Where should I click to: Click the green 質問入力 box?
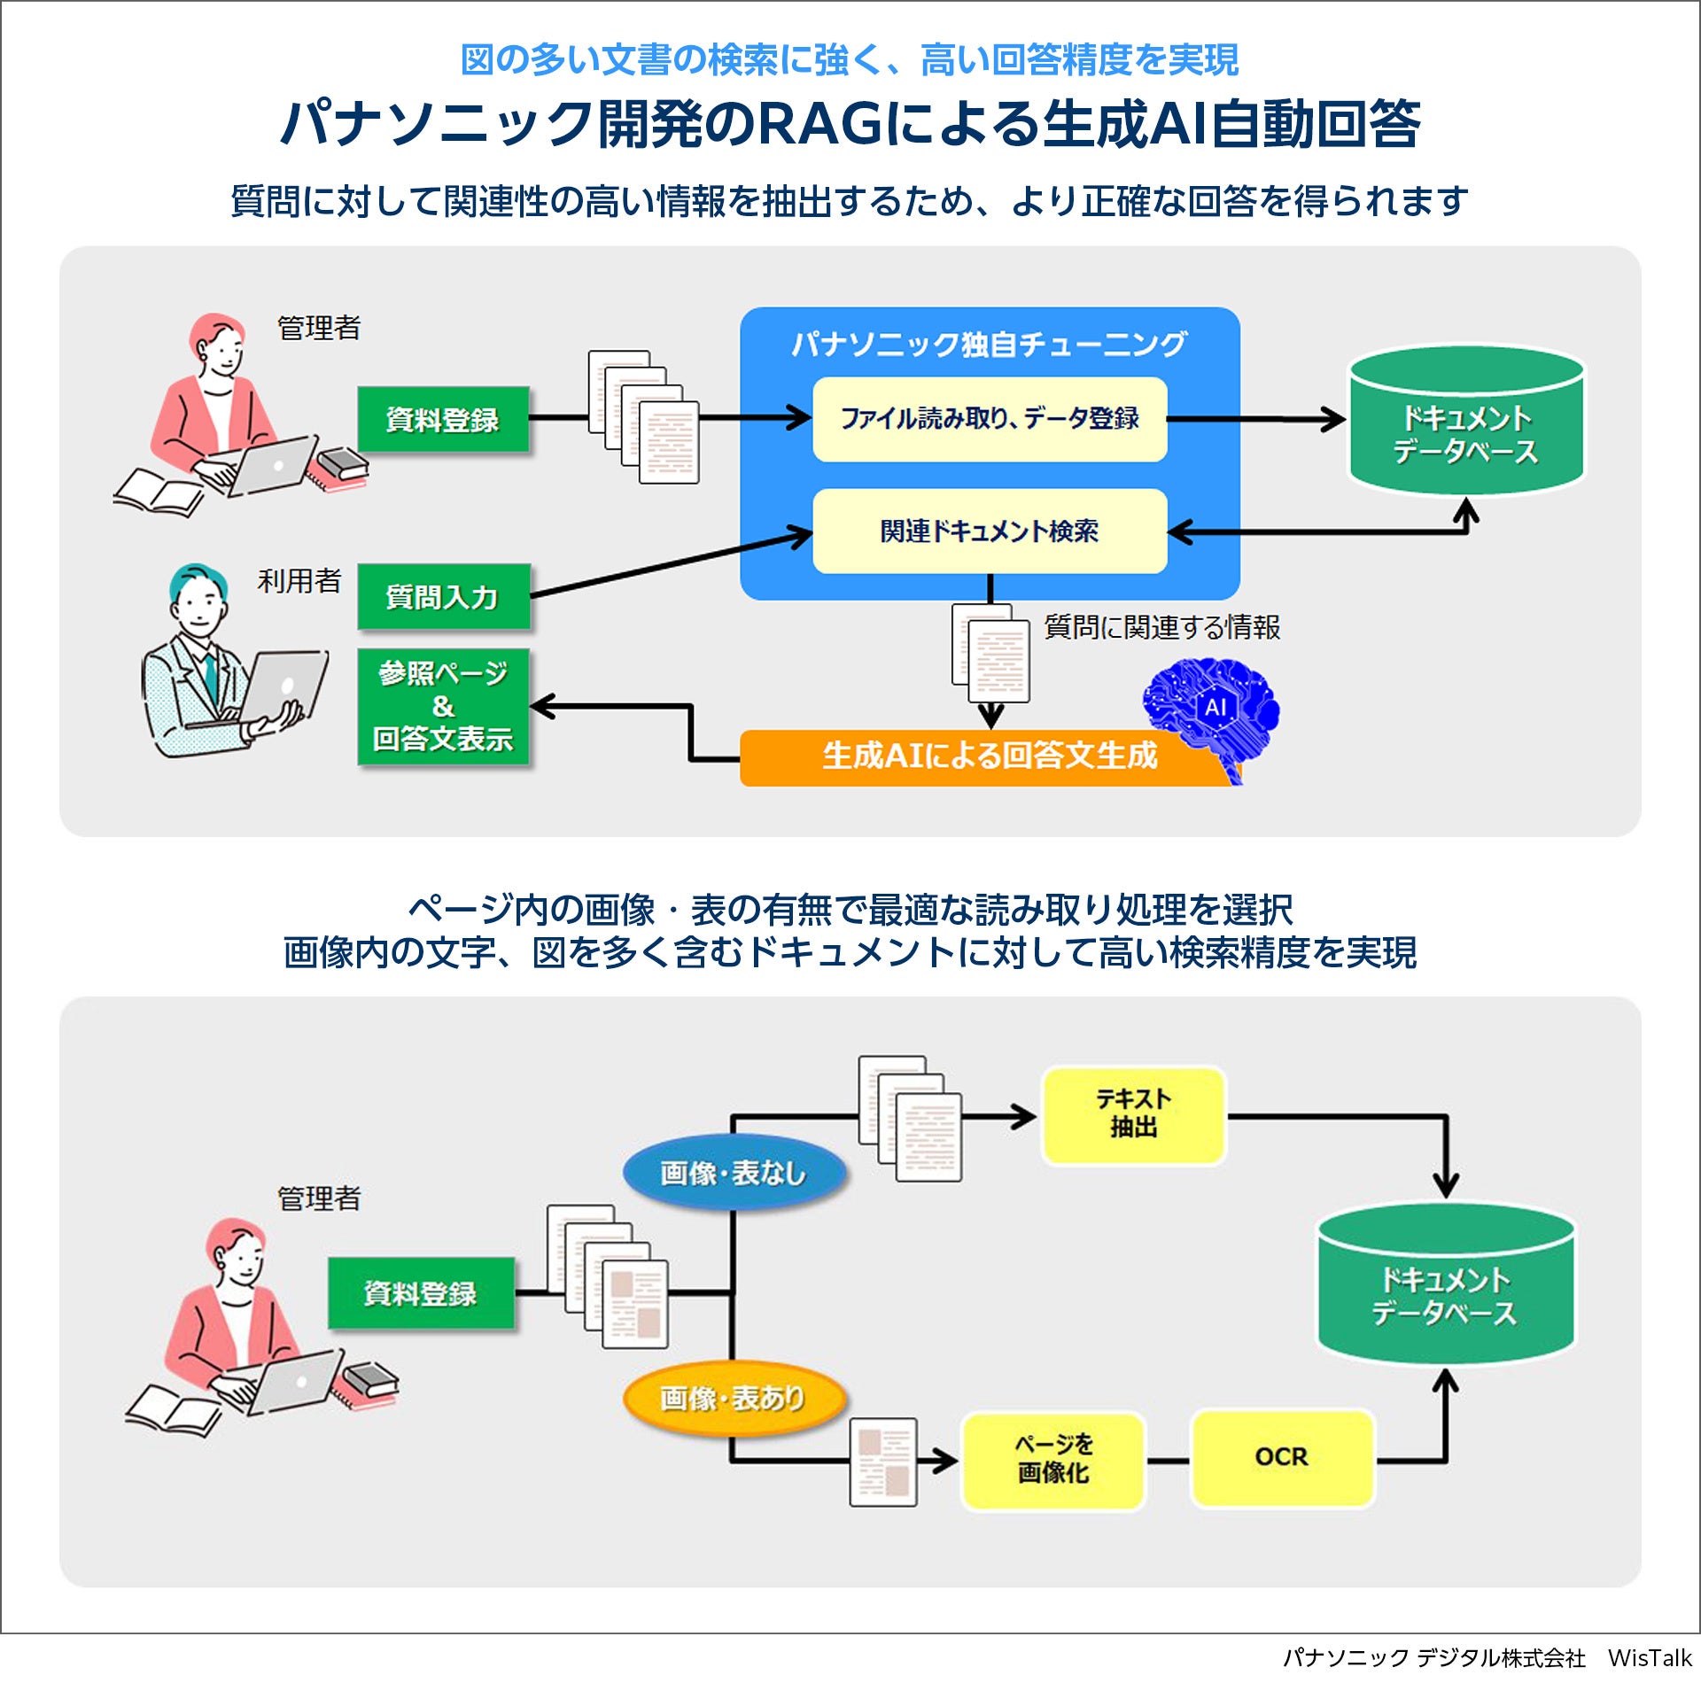[443, 597]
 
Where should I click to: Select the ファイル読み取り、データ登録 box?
[990, 419]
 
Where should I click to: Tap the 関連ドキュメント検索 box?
[990, 531]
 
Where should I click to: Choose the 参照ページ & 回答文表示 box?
[443, 707]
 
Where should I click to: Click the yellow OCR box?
[1282, 1457]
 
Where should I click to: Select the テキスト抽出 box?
[1133, 1114]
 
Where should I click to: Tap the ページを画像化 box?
[1052, 1459]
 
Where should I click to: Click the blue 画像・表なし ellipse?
[734, 1173]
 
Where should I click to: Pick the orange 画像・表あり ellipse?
[734, 1398]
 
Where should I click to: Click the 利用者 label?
[299, 581]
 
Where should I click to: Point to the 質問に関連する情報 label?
[1161, 627]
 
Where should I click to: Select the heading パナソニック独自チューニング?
[989, 344]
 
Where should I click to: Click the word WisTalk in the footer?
[1649, 1658]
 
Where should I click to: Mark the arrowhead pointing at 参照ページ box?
[540, 706]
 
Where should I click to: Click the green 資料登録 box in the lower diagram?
[421, 1293]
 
